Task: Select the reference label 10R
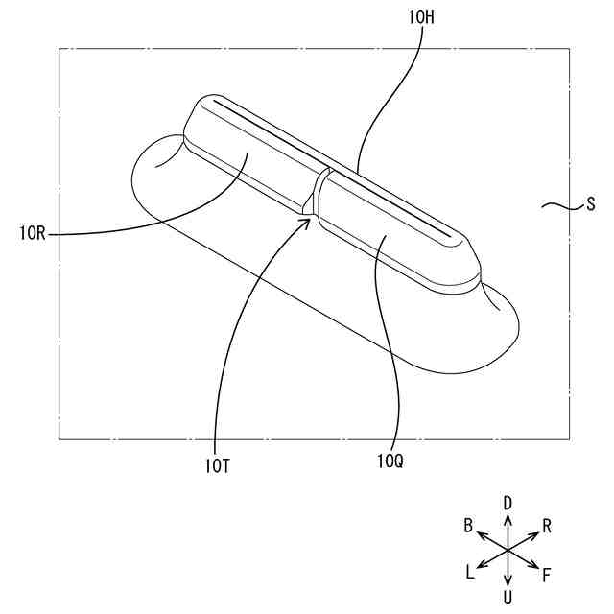click(x=34, y=231)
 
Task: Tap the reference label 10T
click(x=217, y=466)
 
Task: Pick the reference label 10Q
click(x=390, y=461)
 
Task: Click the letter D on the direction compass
click(x=508, y=502)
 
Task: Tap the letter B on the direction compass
click(x=468, y=525)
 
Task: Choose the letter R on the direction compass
click(x=547, y=525)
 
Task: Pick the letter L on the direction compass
click(x=469, y=573)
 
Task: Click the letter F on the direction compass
click(x=547, y=575)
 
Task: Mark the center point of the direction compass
click(x=508, y=551)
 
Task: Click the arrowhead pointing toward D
click(x=508, y=515)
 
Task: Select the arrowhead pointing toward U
click(x=508, y=585)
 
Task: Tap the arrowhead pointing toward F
click(x=535, y=567)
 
